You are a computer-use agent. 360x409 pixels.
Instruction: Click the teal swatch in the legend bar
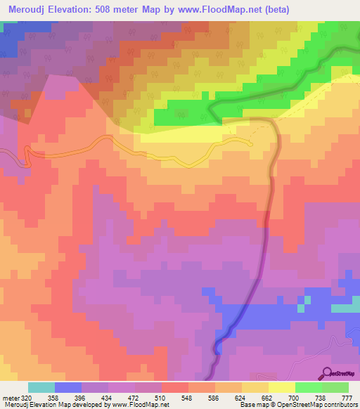click(41, 387)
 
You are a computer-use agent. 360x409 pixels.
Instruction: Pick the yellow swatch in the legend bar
click(282, 387)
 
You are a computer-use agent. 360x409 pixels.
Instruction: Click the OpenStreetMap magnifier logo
click(327, 372)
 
